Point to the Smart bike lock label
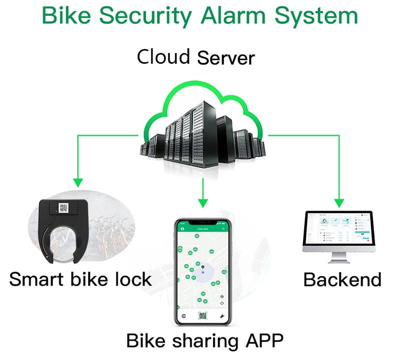(80, 278)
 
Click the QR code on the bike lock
(63, 207)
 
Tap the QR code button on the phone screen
(202, 316)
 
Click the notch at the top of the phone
(202, 222)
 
